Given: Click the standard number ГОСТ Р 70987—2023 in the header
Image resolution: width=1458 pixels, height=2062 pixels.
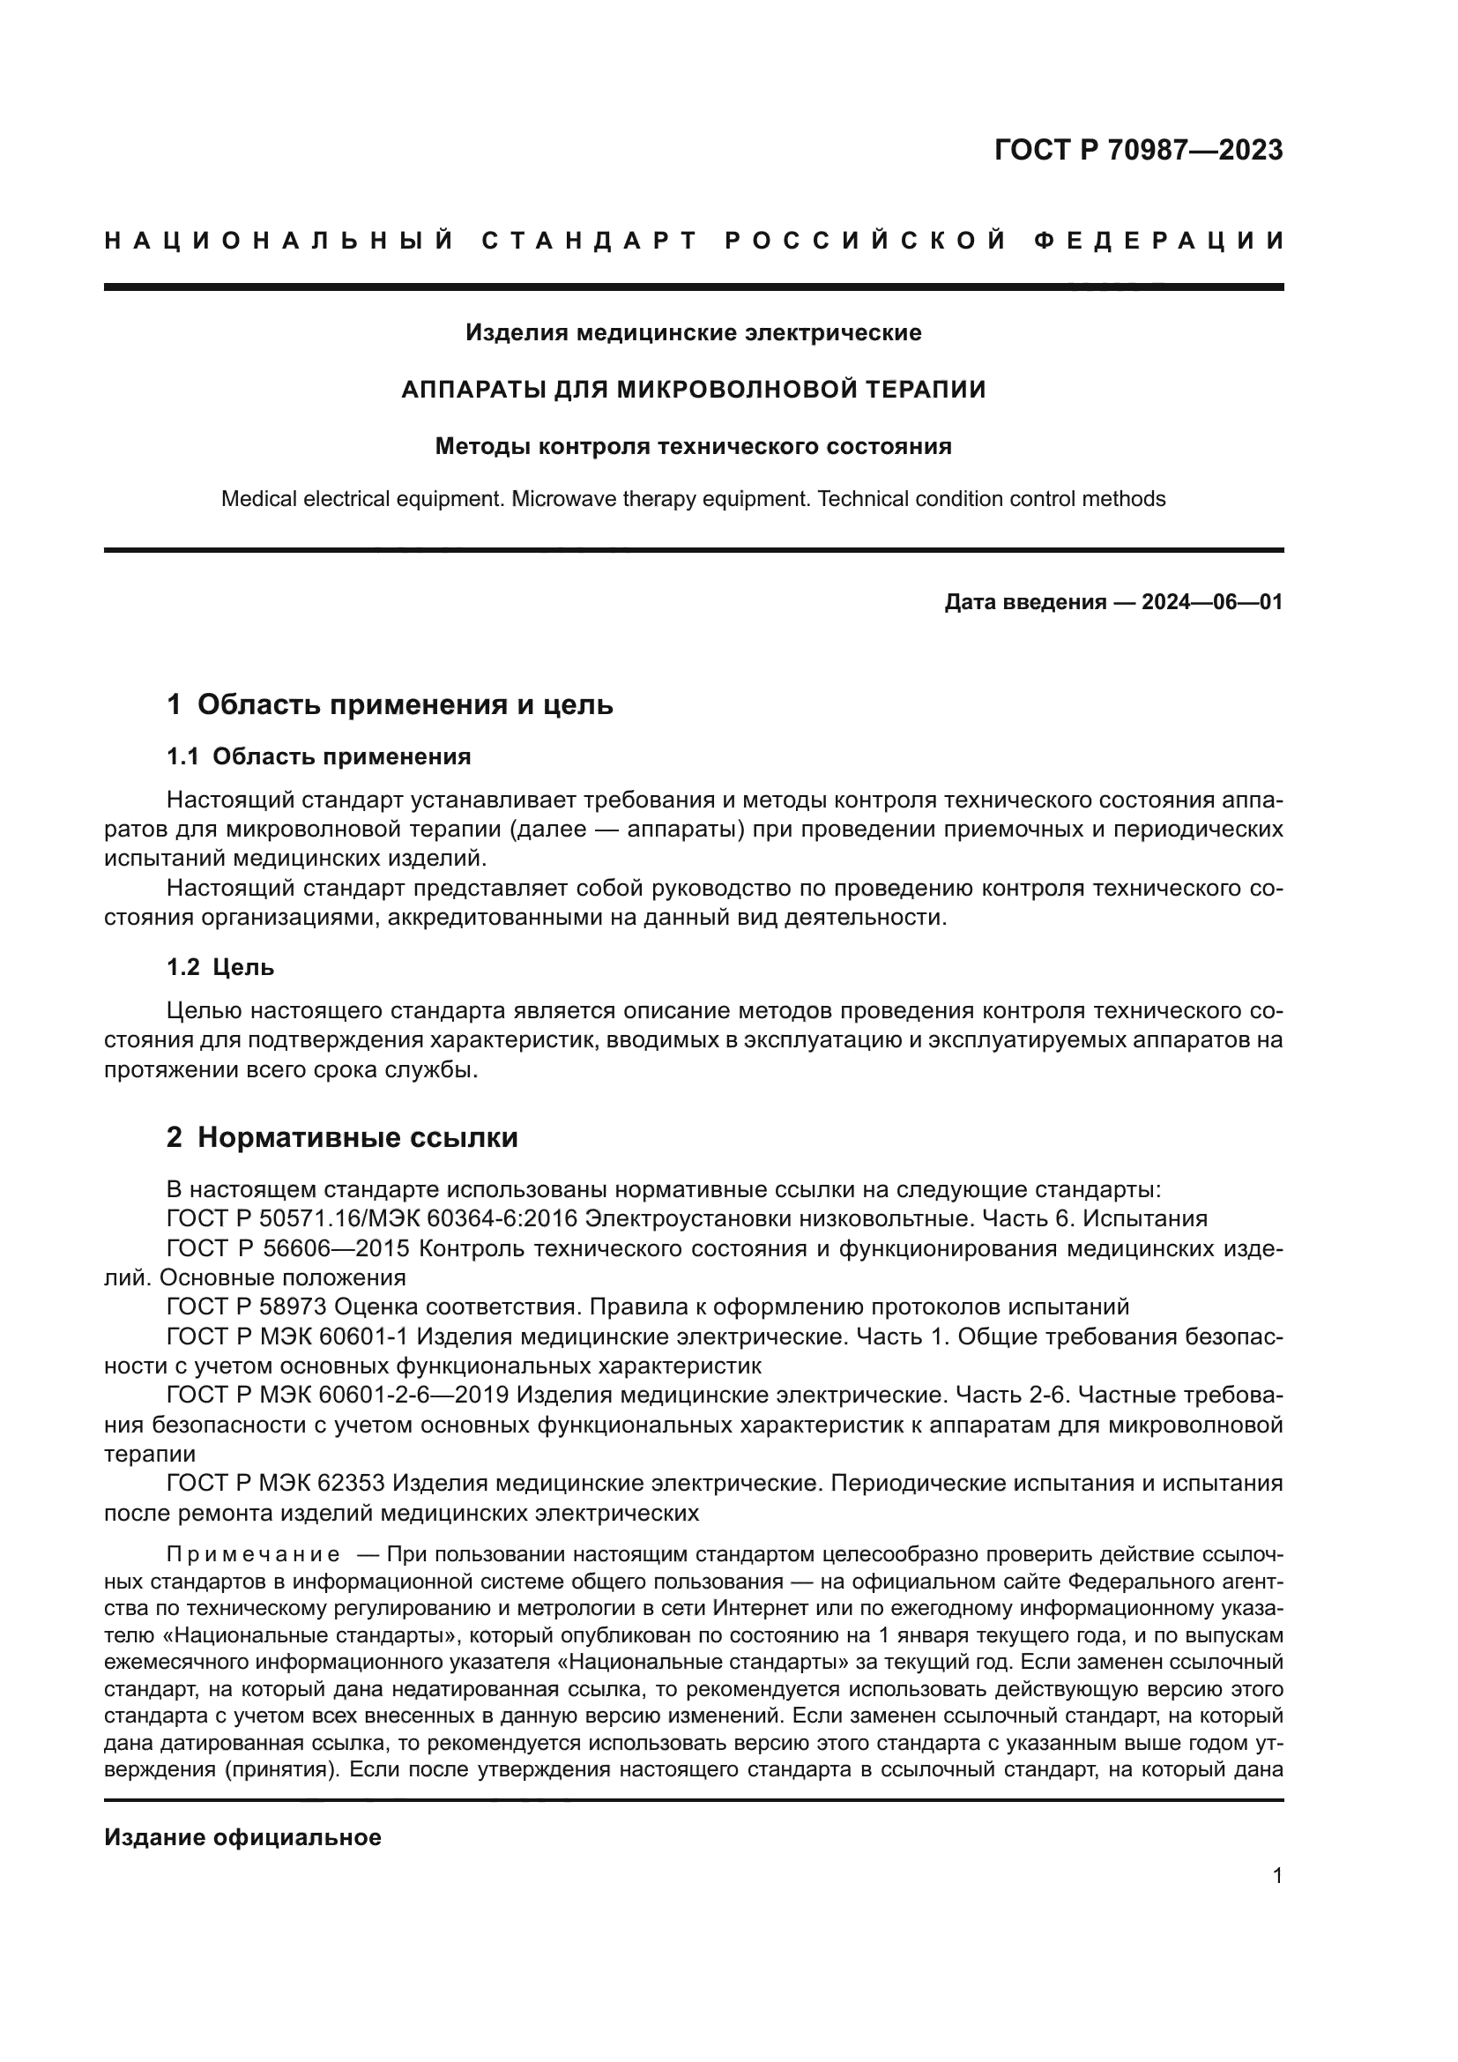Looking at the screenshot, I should pyautogui.click(x=1137, y=150).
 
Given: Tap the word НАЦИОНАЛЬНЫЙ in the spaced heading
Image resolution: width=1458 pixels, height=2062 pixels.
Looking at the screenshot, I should pyautogui.click(x=279, y=241).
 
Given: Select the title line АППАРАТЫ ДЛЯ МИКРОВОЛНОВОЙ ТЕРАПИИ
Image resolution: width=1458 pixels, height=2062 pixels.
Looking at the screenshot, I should pyautogui.click(x=693, y=389).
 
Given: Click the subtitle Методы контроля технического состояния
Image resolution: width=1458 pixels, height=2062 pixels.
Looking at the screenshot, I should pyautogui.click(x=693, y=446).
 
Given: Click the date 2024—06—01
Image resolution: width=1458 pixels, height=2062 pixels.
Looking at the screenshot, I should pyautogui.click(x=1211, y=602).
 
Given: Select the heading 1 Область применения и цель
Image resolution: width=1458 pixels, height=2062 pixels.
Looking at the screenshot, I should pyautogui.click(x=390, y=704).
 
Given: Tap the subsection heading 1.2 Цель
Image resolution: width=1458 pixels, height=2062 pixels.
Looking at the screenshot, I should pyautogui.click(x=221, y=967).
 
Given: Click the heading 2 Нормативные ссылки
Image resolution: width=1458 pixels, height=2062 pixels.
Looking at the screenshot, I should pyautogui.click(x=342, y=1137).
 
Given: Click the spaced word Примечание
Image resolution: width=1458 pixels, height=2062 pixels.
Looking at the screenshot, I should pyautogui.click(x=253, y=1554).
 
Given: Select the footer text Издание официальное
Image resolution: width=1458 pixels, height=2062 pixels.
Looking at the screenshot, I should pyautogui.click(x=242, y=1837).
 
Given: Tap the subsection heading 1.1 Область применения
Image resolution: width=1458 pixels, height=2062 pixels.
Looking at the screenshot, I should pyautogui.click(x=319, y=756).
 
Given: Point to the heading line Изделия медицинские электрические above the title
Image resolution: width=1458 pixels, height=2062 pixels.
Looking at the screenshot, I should pyautogui.click(x=693, y=332).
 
